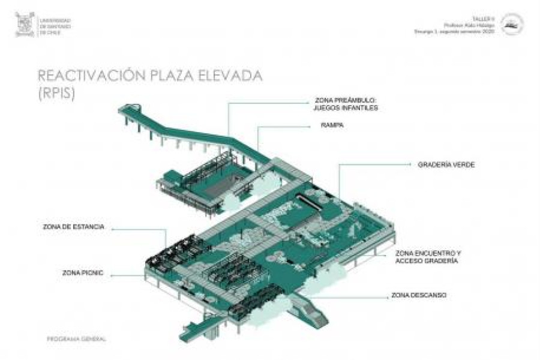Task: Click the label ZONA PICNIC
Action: coord(83,273)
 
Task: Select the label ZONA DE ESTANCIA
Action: coord(74,227)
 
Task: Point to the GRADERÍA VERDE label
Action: coord(446,164)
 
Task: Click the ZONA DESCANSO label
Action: coord(418,295)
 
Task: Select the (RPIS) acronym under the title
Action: coord(56,94)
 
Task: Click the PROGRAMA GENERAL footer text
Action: coord(72,339)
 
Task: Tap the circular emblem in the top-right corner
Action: coord(512,25)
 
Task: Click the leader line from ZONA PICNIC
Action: coord(126,275)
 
